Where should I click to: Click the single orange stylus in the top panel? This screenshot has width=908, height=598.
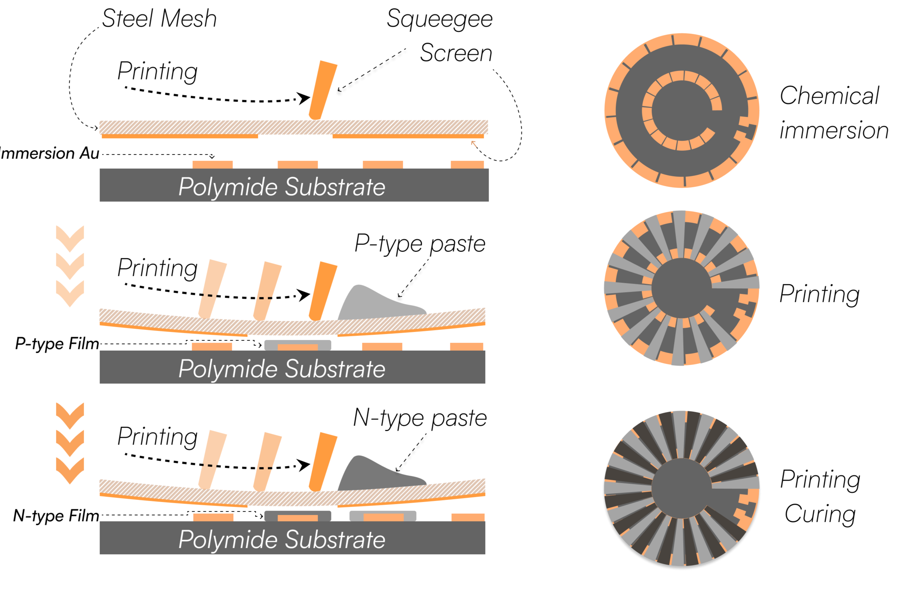click(x=323, y=90)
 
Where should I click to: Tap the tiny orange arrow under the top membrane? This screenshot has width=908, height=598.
click(x=474, y=144)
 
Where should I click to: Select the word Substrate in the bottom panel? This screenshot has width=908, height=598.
click(x=335, y=540)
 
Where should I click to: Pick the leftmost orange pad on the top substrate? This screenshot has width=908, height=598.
click(x=212, y=165)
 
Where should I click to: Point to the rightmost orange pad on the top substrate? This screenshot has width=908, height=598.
click(x=467, y=165)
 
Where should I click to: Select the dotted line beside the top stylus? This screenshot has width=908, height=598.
click(x=371, y=72)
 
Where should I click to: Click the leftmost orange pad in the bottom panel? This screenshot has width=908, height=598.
click(x=213, y=517)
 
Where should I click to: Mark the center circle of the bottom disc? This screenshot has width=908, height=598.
click(x=681, y=488)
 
